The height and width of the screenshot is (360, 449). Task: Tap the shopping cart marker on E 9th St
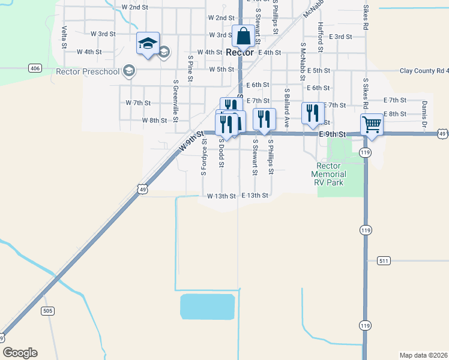[x=372, y=125]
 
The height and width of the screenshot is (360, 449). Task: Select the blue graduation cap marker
[x=148, y=44]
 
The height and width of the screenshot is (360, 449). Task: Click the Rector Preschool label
[x=88, y=71]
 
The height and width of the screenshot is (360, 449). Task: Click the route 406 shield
[x=35, y=68]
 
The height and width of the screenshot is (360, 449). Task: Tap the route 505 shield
[x=49, y=311]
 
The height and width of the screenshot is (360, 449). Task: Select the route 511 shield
[x=385, y=261]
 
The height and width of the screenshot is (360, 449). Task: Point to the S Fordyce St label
[x=204, y=157]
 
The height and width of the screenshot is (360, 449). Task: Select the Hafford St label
[x=321, y=36]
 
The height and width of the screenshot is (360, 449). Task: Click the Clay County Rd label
[x=424, y=71]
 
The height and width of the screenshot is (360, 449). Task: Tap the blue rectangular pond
[x=207, y=307]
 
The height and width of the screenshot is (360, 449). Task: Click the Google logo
[x=20, y=353]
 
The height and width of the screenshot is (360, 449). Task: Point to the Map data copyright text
[x=423, y=355]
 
